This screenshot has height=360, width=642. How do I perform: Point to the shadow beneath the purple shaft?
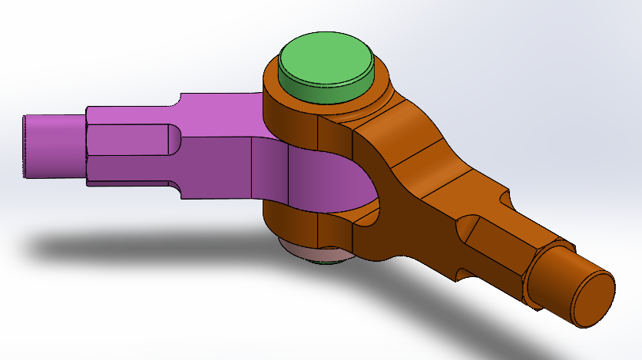(115, 246)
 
